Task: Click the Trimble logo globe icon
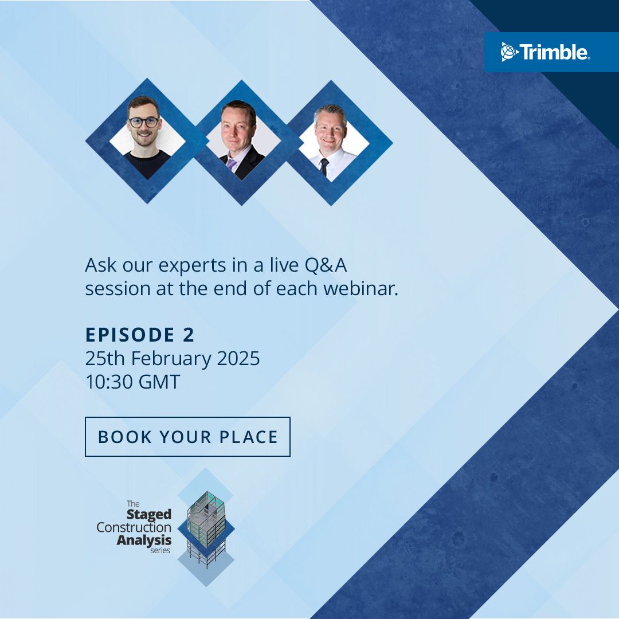pyautogui.click(x=509, y=52)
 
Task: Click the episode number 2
pyautogui.click(x=189, y=335)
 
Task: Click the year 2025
pyautogui.click(x=238, y=359)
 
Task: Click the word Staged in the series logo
pyautogui.click(x=148, y=515)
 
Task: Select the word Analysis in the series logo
pyautogui.click(x=144, y=539)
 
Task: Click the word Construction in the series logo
pyautogui.click(x=134, y=527)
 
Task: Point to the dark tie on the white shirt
pyautogui.click(x=324, y=166)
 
